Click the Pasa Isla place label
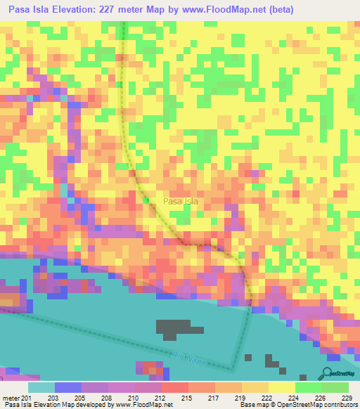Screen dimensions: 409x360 pos(180,202)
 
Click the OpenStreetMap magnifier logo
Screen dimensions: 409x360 pos(328,373)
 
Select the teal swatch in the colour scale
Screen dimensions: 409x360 pos(41,388)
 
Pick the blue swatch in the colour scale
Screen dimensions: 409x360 pos(67,388)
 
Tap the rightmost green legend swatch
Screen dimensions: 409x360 pos(335,388)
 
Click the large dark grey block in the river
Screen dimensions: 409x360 pos(173,327)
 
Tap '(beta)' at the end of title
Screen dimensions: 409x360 pos(276,9)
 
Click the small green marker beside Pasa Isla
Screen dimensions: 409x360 pos(147,202)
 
